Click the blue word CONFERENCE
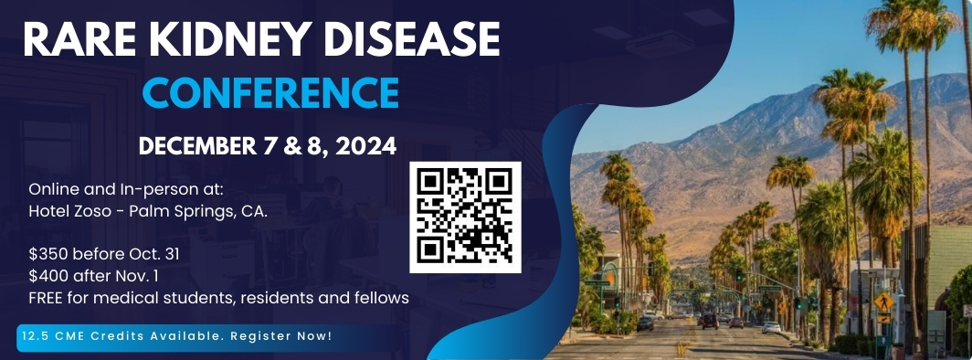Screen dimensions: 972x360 coord(270,92)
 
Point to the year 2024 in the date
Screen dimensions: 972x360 coord(366,145)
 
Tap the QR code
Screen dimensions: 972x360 coord(466,217)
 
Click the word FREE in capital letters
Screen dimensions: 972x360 coord(44,298)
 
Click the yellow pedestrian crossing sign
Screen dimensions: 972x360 coord(884,302)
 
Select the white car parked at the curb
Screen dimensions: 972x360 coord(771,327)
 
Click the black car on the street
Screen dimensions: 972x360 coord(645,323)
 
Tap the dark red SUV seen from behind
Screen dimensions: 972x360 coord(710,321)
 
